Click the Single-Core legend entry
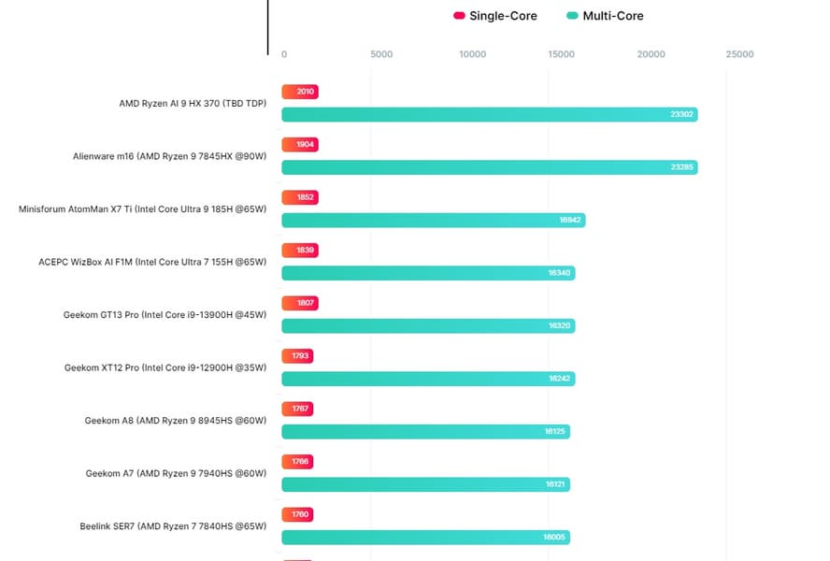tap(495, 16)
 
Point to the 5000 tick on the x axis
tap(381, 54)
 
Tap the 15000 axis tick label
tap(562, 54)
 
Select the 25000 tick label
tap(739, 54)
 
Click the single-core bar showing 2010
tap(300, 92)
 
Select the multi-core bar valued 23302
tap(489, 114)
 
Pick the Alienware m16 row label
tap(169, 156)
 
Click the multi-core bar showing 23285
tap(489, 167)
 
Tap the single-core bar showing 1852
tap(299, 197)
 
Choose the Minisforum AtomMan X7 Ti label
tap(142, 209)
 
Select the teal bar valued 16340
tap(428, 273)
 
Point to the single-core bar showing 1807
tap(299, 303)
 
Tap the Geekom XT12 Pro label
tap(165, 367)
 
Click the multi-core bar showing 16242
tap(428, 379)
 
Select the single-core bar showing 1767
tap(297, 409)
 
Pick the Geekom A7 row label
tap(176, 473)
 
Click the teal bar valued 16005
tap(425, 538)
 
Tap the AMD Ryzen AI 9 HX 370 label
tap(193, 103)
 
